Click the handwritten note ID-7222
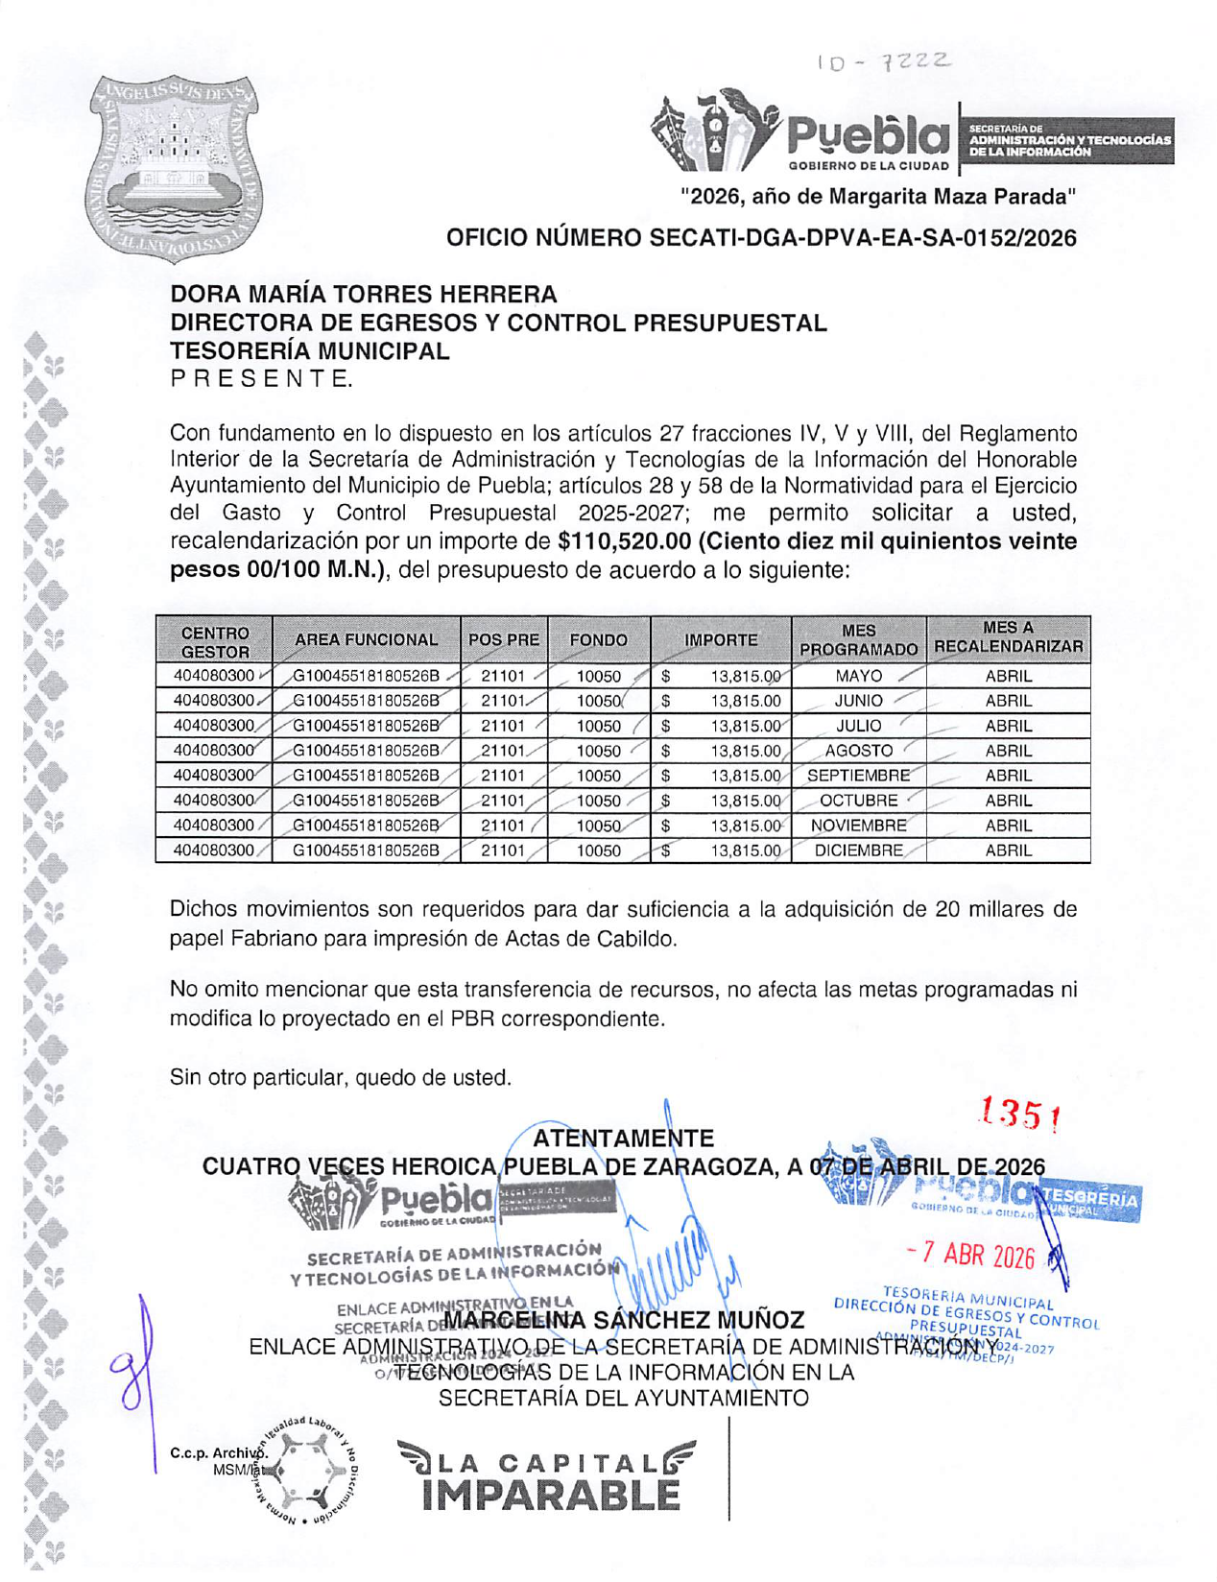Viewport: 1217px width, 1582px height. [x=884, y=63]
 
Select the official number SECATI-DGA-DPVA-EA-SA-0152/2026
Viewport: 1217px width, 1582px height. [x=761, y=238]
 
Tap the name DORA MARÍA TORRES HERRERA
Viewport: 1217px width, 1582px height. [x=364, y=294]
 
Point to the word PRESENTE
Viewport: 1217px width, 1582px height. [x=261, y=379]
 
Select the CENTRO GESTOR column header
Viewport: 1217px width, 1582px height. [x=215, y=641]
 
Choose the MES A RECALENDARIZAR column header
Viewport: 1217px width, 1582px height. [x=1008, y=638]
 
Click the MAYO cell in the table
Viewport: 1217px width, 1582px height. [x=858, y=676]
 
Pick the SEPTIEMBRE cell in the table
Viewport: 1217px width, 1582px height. [x=858, y=776]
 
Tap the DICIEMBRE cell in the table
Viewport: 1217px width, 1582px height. [x=858, y=851]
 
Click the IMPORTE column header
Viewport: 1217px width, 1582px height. [x=721, y=640]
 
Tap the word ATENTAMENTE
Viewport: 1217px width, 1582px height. [x=623, y=1139]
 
